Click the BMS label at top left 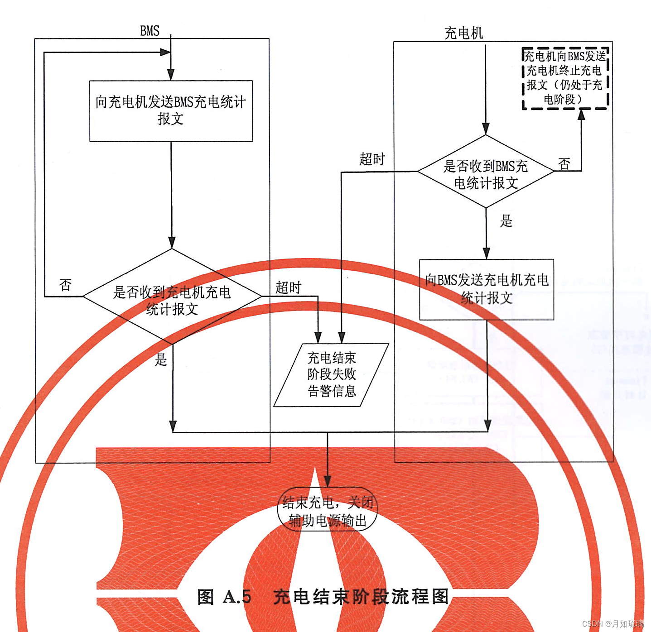[149, 31]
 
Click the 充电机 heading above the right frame [463, 33]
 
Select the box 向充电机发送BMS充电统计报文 [171, 111]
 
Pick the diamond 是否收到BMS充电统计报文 [486, 172]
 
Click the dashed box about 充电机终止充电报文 [565, 78]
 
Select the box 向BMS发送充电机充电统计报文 [487, 289]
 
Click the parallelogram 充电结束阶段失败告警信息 [332, 375]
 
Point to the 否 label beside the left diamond [65, 285]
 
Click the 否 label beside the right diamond [564, 163]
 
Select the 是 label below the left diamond [161, 359]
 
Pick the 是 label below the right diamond [506, 221]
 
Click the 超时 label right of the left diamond [288, 287]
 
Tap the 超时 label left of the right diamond [372, 159]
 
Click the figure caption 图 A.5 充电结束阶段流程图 [323, 597]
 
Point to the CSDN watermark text [613, 624]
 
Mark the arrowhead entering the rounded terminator [328, 482]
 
